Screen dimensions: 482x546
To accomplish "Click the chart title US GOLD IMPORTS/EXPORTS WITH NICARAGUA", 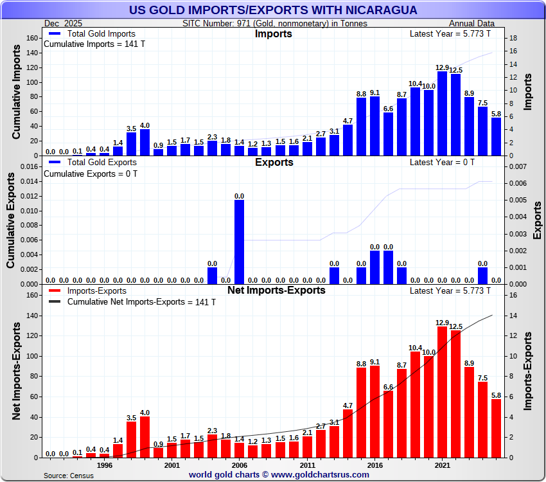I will [273, 10].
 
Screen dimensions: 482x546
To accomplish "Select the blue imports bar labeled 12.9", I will [442, 113].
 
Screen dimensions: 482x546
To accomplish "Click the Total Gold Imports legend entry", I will [97, 34].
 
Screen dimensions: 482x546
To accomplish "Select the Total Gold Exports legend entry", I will [97, 163].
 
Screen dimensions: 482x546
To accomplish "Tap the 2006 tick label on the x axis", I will [239, 466].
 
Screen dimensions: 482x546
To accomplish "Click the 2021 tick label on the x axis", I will [442, 466].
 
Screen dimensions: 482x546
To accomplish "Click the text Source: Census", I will [68, 476].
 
